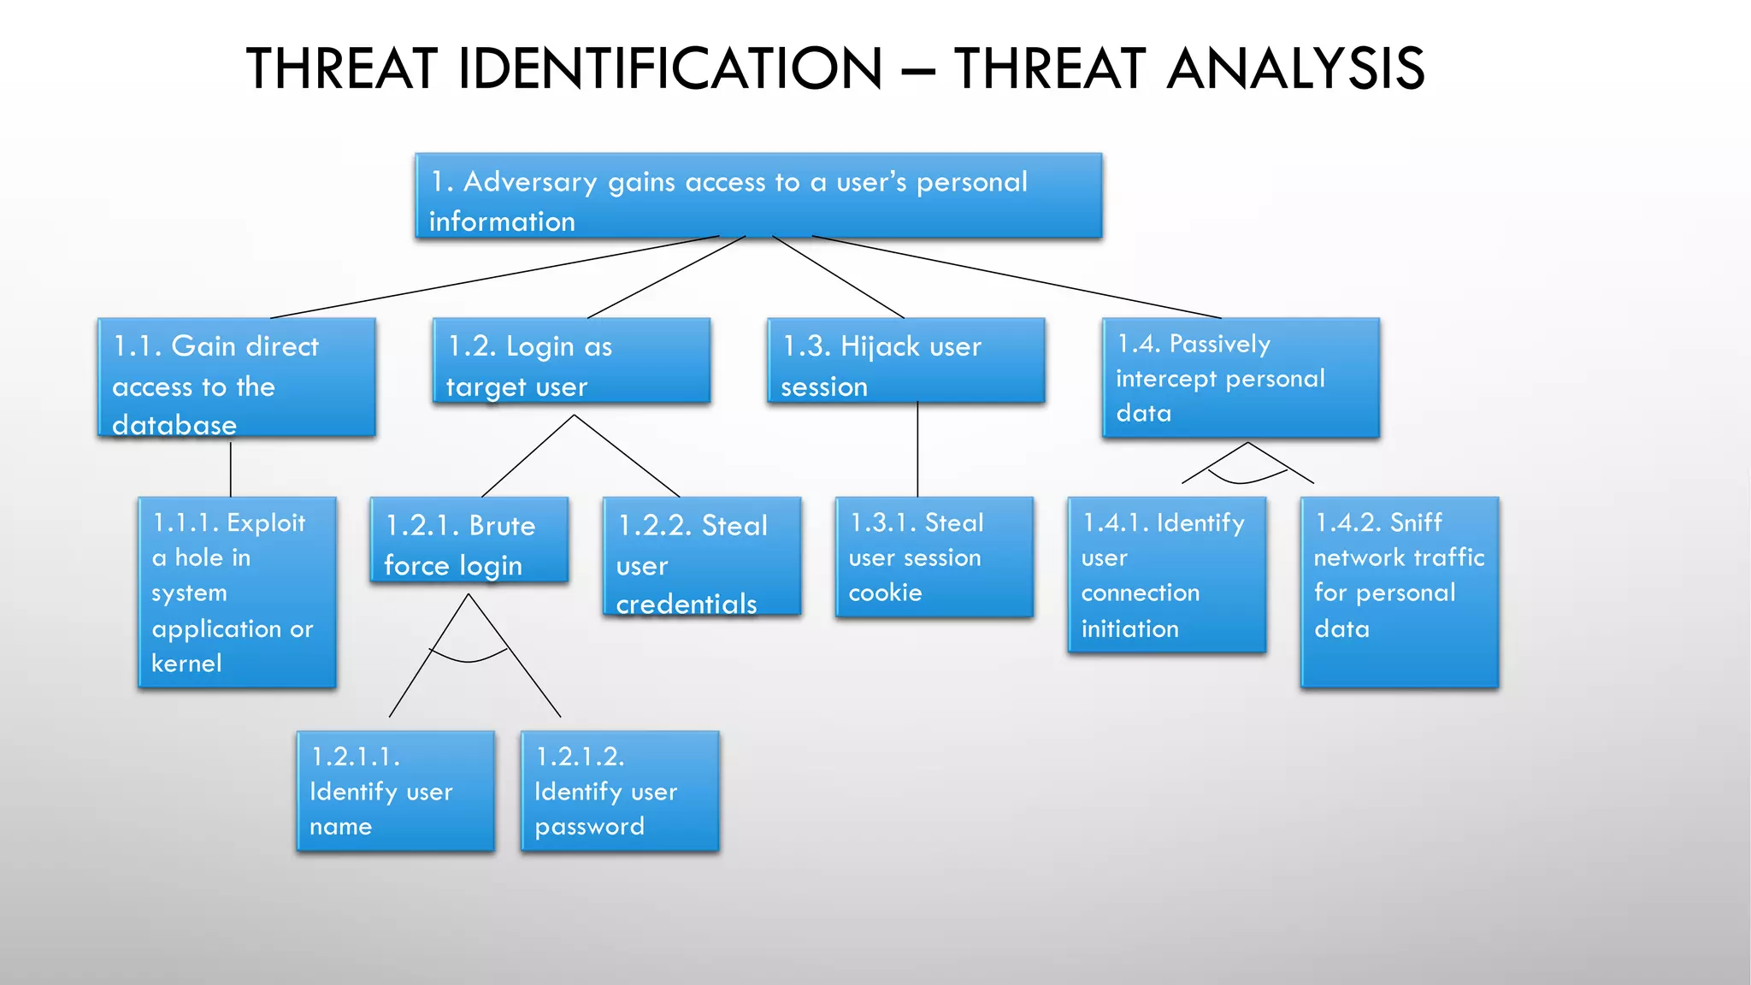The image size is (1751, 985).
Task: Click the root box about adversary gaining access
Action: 758,196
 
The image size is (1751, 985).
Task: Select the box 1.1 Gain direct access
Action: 237,377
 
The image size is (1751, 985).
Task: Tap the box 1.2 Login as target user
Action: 571,361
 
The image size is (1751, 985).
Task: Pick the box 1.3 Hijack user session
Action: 905,361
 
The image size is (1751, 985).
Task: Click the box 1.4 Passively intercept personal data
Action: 1241,378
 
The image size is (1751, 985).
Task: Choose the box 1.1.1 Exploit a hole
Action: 237,592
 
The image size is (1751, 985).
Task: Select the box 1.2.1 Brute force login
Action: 469,540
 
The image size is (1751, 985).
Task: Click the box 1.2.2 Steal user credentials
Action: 701,557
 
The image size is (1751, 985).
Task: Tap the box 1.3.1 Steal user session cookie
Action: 934,557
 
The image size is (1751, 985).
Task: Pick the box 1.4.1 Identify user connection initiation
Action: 1166,575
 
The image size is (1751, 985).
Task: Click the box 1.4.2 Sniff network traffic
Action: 1399,592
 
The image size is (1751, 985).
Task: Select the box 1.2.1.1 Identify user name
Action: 395,791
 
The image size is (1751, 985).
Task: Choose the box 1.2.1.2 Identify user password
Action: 620,791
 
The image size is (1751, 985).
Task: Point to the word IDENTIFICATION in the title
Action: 669,68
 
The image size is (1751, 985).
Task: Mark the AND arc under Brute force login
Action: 468,660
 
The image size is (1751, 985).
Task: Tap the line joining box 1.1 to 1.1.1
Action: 231,469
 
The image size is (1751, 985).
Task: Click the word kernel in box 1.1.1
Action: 186,664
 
